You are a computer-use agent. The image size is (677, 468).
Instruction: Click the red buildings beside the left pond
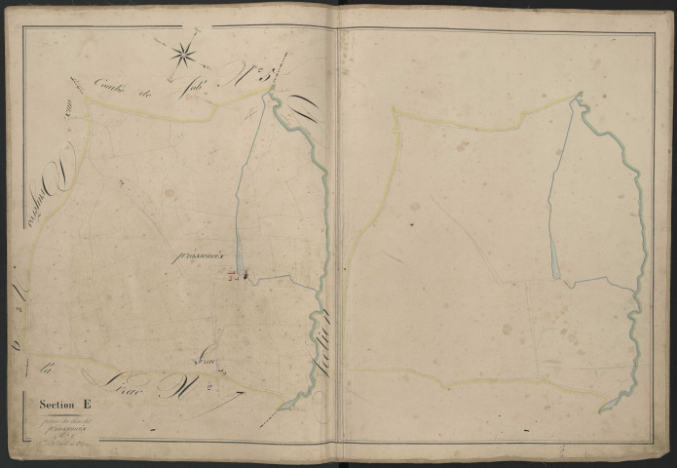click(232, 276)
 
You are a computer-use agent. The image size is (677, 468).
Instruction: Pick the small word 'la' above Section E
click(45, 370)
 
